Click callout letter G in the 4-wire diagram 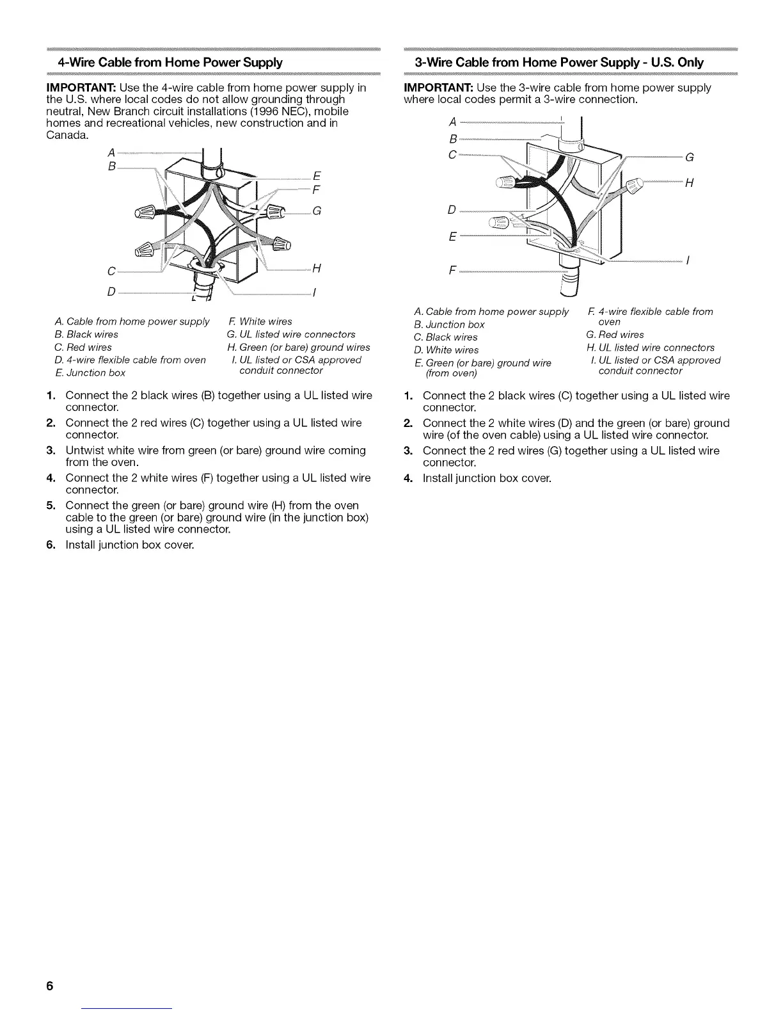point(317,212)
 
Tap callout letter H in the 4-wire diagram point(316,269)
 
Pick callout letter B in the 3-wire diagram point(453,139)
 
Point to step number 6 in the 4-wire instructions point(51,545)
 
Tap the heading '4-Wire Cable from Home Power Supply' point(170,63)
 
